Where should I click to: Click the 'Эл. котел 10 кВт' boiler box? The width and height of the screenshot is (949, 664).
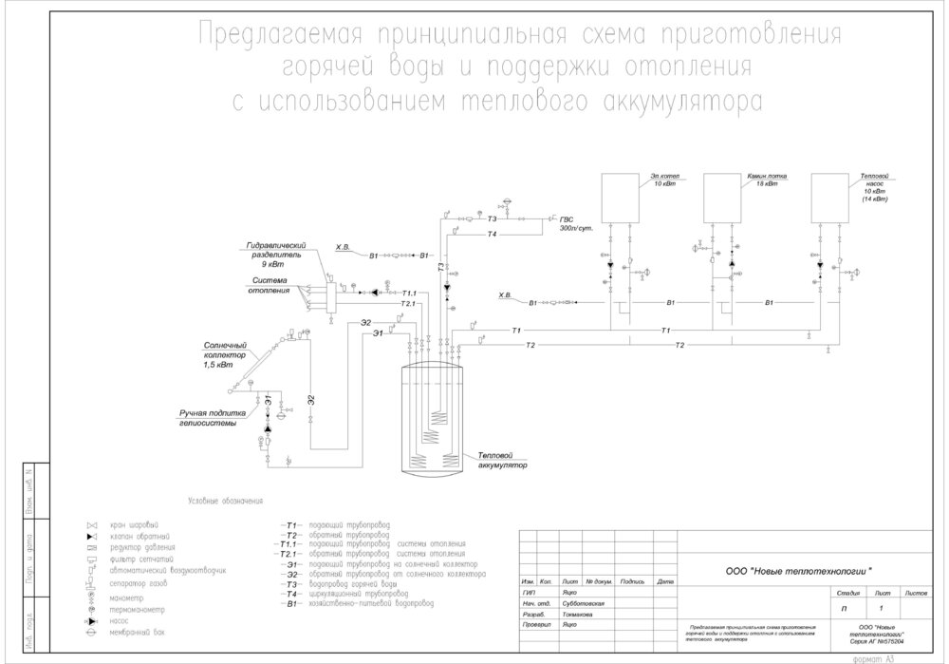(626, 196)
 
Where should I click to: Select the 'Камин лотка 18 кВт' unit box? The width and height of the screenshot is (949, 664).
(728, 196)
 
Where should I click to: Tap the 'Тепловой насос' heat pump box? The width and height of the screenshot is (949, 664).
(835, 196)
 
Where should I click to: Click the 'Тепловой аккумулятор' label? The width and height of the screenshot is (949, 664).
(501, 461)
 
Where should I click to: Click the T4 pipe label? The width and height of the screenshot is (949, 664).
(492, 234)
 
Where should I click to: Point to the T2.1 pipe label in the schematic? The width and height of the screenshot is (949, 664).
(409, 303)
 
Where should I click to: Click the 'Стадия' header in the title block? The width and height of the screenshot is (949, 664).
(848, 592)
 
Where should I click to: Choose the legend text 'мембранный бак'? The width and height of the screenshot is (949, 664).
(135, 631)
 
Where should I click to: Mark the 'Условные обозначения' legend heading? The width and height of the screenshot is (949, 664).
(225, 501)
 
